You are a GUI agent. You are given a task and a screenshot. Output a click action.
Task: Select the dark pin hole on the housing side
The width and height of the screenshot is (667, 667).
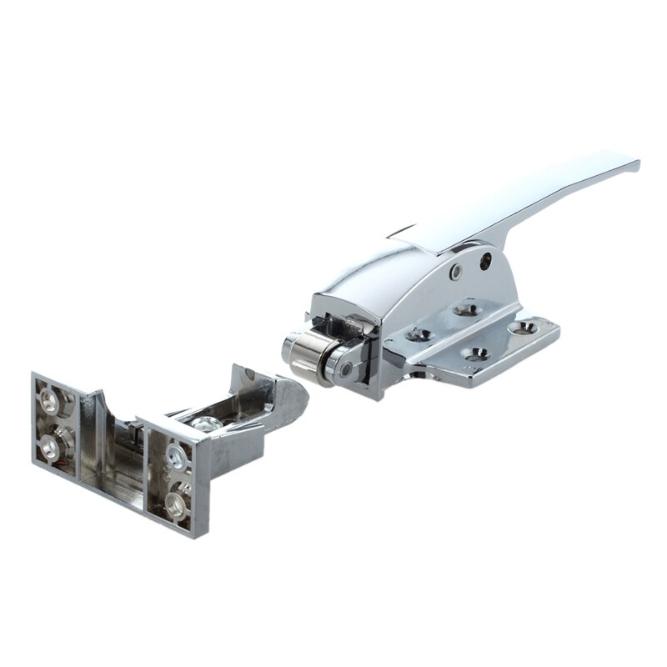point(484,261)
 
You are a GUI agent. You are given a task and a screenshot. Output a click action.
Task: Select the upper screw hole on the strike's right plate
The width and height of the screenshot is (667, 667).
point(175,454)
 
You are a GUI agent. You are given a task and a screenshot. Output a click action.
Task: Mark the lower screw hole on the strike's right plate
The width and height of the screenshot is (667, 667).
point(176,501)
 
